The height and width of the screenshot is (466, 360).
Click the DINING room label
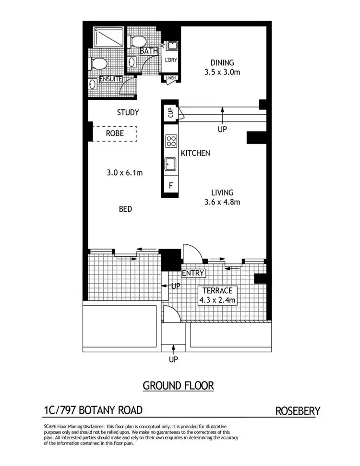(x=222, y=62)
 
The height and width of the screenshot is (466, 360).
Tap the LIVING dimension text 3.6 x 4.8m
(x=222, y=202)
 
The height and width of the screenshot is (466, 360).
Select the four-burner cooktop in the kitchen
(x=170, y=141)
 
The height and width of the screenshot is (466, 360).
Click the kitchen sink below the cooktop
(x=170, y=165)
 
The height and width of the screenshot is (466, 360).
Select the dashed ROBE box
(x=115, y=133)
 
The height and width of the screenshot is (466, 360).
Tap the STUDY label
(x=128, y=112)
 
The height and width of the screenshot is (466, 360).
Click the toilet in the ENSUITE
(x=98, y=63)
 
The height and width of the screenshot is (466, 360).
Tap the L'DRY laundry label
(x=170, y=60)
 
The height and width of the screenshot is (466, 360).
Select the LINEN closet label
(x=170, y=78)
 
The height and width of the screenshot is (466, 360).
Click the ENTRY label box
(x=193, y=273)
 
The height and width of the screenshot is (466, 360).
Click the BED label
(x=126, y=209)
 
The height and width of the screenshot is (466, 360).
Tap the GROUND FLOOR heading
(x=178, y=385)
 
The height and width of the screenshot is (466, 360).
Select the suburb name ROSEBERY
(x=298, y=411)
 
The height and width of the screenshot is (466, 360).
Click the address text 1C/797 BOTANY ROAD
(x=93, y=410)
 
